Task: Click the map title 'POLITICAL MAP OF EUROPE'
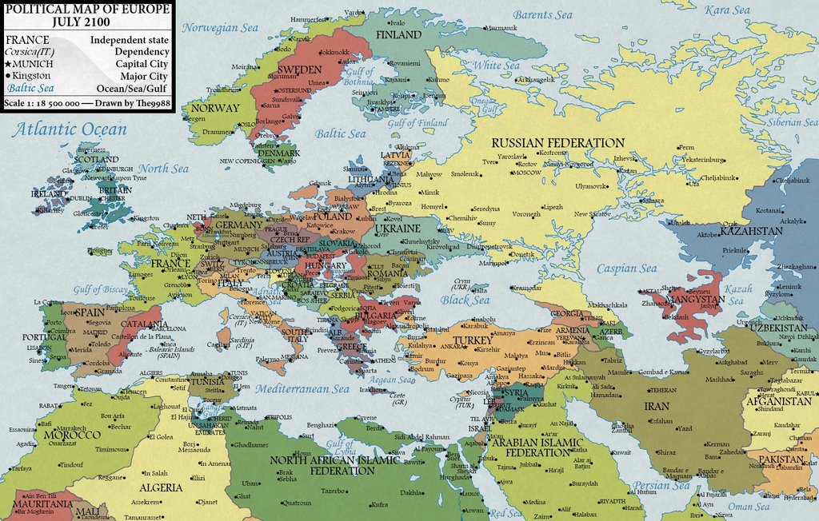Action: click(x=88, y=8)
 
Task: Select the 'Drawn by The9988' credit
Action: click(x=133, y=103)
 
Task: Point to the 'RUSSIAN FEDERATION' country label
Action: click(x=557, y=143)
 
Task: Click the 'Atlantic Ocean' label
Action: click(x=69, y=129)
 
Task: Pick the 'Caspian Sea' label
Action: click(x=626, y=268)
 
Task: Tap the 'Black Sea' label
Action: click(x=465, y=300)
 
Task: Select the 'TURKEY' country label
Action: click(x=472, y=340)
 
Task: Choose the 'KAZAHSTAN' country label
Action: click(x=751, y=231)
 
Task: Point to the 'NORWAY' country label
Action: click(x=215, y=108)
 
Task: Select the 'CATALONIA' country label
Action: click(x=142, y=324)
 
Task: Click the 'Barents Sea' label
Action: click(x=543, y=14)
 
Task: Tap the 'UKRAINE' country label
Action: click(x=398, y=229)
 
